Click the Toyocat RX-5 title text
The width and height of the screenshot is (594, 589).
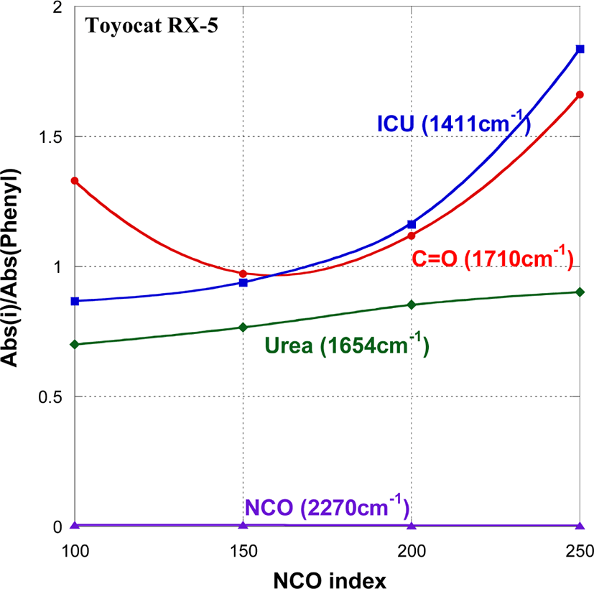152,26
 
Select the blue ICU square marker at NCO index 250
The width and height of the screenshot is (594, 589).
580,49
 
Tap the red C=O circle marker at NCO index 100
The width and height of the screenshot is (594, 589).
75,181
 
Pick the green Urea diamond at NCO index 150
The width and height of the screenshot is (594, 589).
243,328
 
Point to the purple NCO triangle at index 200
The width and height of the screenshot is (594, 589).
412,525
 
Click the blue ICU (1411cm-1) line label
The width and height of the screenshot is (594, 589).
454,123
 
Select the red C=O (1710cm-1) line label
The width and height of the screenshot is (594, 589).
493,258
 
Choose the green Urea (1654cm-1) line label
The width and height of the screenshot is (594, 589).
347,345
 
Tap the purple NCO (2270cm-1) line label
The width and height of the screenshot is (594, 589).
328,506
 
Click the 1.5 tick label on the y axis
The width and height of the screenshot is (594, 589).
50,137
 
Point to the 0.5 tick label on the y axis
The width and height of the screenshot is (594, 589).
50,397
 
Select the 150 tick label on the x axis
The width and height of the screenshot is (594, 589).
243,551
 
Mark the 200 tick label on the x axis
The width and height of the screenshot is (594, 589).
412,551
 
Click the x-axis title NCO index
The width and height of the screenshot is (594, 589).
330,580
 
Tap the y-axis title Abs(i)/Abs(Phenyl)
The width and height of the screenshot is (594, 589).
10,267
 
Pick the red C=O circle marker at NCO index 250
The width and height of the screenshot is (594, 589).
580,95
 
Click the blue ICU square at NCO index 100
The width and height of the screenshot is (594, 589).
75,301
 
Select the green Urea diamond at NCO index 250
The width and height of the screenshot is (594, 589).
580,292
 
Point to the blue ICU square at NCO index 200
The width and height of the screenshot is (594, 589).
412,225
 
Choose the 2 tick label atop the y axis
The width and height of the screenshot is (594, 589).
57,7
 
